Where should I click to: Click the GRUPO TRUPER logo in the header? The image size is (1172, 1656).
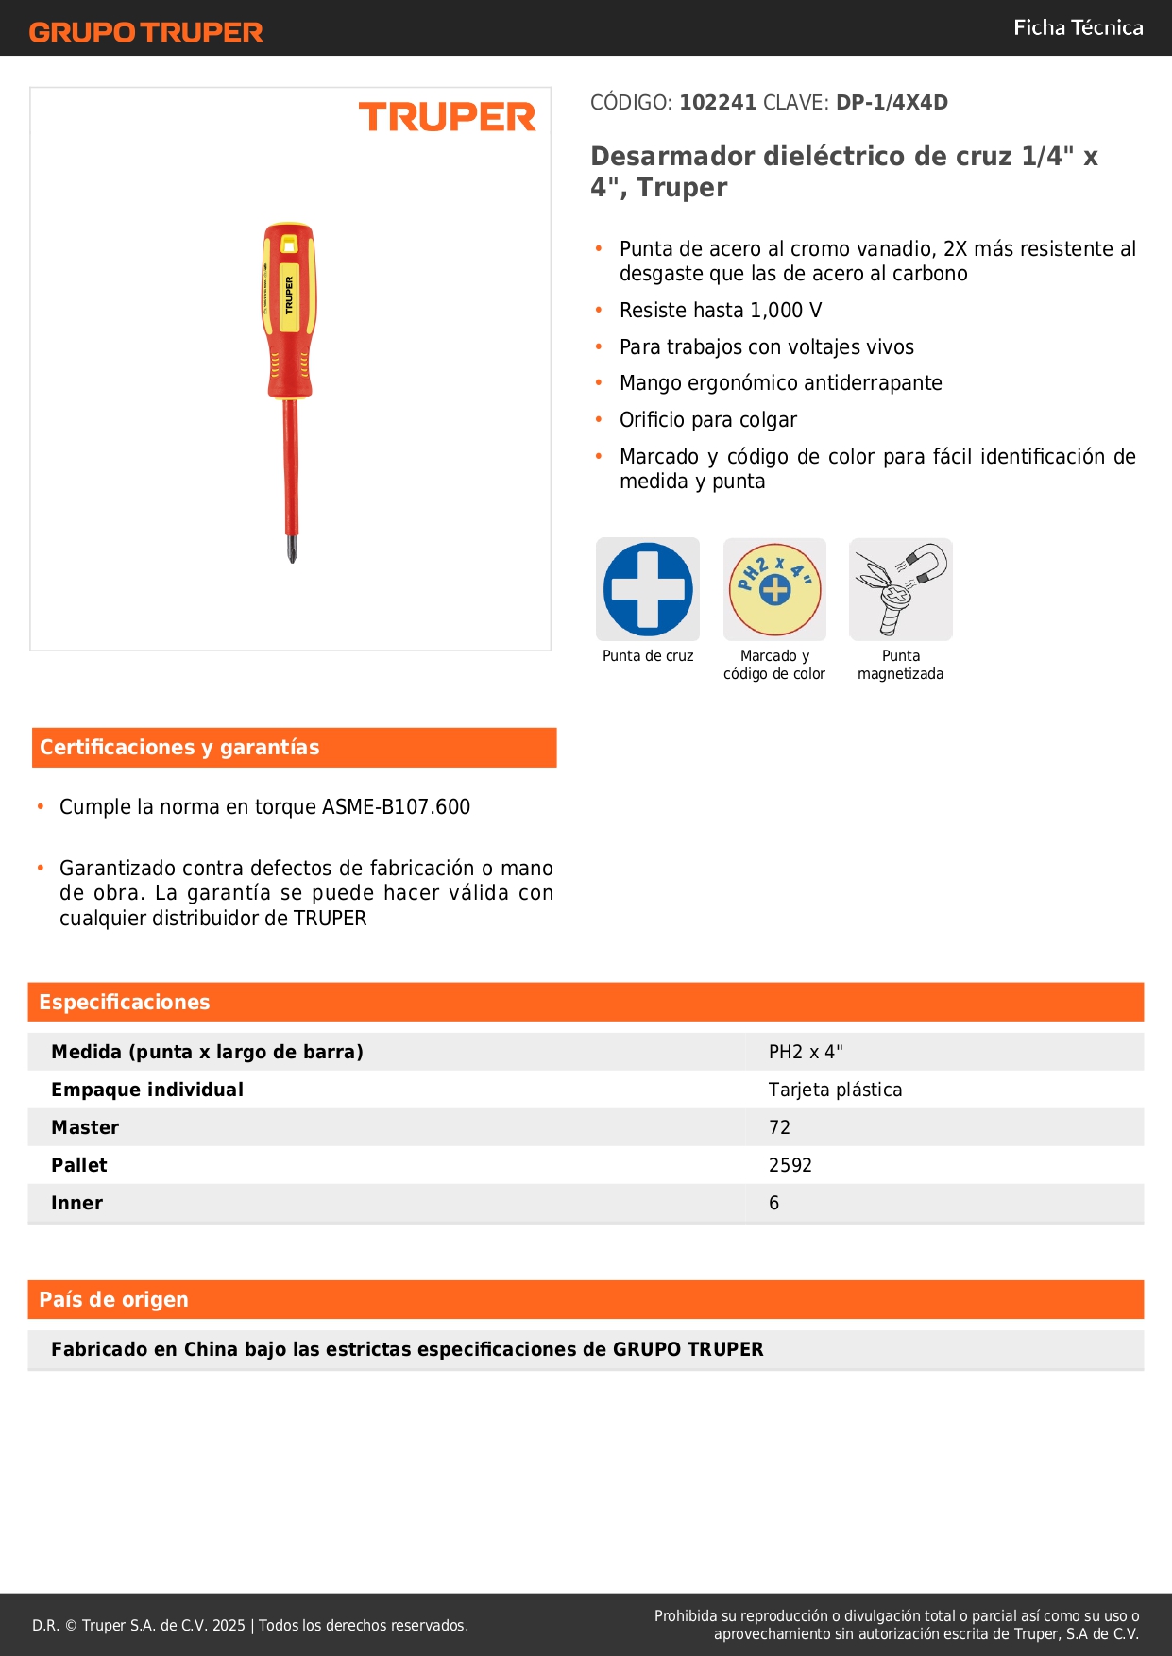pyautogui.click(x=145, y=32)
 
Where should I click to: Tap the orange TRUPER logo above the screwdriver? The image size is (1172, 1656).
pyautogui.click(x=447, y=118)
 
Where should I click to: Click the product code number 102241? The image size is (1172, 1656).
pyautogui.click(x=718, y=103)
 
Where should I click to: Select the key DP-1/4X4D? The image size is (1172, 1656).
pyautogui.click(x=892, y=103)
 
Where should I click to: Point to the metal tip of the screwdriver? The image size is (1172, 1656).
pyautogui.click(x=292, y=549)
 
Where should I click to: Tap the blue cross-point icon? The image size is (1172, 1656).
pyautogui.click(x=648, y=590)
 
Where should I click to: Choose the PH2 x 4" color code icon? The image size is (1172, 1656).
pyautogui.click(x=774, y=590)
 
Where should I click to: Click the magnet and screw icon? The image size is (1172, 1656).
pyautogui.click(x=901, y=590)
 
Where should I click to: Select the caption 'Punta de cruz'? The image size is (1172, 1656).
pyautogui.click(x=648, y=656)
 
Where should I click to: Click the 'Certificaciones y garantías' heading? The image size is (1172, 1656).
pyautogui.click(x=179, y=748)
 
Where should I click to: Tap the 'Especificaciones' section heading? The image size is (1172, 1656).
pyautogui.click(x=125, y=1003)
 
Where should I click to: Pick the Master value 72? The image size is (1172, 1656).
pyautogui.click(x=779, y=1127)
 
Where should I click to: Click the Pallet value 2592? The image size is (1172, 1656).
pyautogui.click(x=790, y=1165)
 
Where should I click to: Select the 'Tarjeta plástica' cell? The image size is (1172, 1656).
pyautogui.click(x=835, y=1090)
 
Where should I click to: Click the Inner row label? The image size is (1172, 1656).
pyautogui.click(x=77, y=1203)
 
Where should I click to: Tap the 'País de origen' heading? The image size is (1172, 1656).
pyautogui.click(x=113, y=1300)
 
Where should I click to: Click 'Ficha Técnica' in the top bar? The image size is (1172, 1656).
pyautogui.click(x=1078, y=28)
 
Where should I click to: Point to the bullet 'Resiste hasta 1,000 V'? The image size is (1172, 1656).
pyautogui.click(x=721, y=311)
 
